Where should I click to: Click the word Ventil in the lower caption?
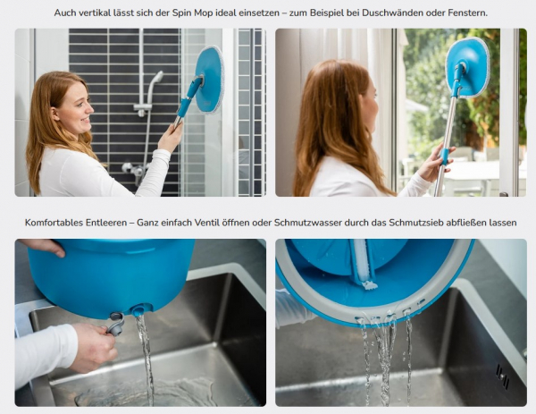[x=205, y=223]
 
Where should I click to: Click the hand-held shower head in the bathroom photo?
[x=156, y=77]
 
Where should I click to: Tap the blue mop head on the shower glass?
[x=209, y=80]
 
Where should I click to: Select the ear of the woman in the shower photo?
[x=54, y=114]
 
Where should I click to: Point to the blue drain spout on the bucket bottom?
[x=138, y=310]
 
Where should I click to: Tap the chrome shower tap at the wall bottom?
[x=135, y=170]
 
